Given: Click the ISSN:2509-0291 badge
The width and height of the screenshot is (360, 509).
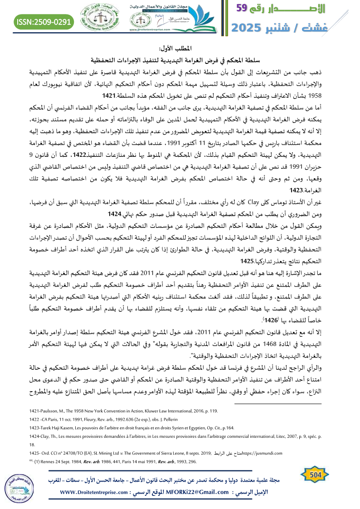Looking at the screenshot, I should pyautogui.click(x=44, y=21).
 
